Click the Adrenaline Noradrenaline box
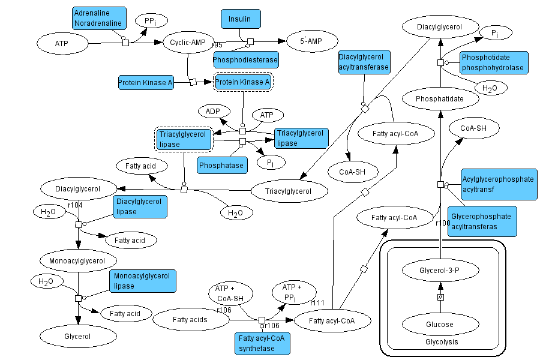100,18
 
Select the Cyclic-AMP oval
188,43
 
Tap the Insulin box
239,19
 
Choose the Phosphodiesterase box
245,59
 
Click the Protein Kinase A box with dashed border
242,82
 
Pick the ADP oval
213,112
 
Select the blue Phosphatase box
221,165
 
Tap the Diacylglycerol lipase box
140,206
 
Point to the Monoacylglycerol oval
77,260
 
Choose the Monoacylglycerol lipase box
139,281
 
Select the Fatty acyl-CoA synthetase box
262,342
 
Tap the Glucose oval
440,324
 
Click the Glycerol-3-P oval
440,271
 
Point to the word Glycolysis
441,342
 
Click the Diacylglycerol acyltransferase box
364,62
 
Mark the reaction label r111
317,302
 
